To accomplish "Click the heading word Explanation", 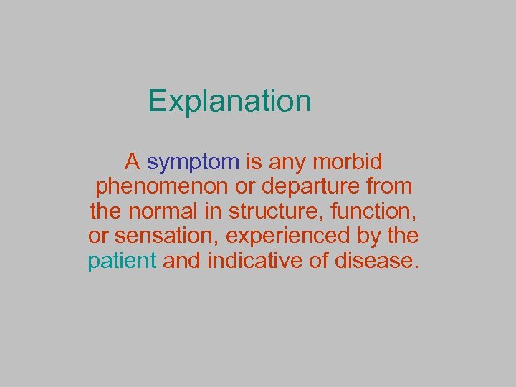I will pyautogui.click(x=229, y=101).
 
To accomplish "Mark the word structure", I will pyautogui.click(x=282, y=211).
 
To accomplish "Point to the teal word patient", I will pyautogui.click(x=122, y=261).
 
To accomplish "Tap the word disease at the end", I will pyautogui.click(x=374, y=261).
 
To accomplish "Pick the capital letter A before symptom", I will pyautogui.click(x=132, y=161).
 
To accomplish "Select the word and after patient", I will pyautogui.click(x=181, y=261).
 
